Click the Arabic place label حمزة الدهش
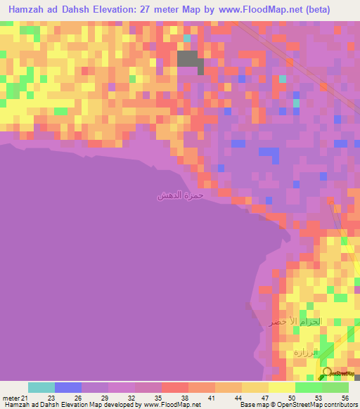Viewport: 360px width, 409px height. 181,195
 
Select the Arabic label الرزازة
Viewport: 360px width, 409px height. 306,351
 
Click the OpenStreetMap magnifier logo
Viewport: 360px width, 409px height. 327,372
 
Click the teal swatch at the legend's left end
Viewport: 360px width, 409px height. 41,387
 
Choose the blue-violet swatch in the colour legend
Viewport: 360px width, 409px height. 68,387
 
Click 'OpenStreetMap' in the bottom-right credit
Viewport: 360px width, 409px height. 290,405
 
